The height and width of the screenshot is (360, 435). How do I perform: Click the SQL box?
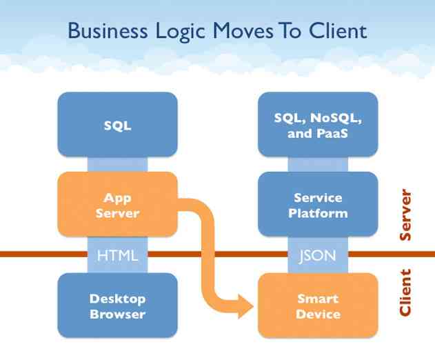117,125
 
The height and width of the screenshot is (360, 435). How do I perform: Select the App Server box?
117,206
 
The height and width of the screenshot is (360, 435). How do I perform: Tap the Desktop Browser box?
117,306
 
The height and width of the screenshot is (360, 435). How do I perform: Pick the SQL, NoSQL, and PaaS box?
318,125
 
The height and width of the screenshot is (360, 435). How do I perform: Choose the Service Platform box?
318,205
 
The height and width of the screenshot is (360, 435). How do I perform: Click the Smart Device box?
318,306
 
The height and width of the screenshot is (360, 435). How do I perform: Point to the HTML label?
117,255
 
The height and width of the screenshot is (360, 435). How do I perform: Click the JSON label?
318,255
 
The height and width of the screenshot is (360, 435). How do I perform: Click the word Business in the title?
107,31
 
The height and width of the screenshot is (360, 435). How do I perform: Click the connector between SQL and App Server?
117,164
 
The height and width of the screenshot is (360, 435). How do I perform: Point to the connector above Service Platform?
318,163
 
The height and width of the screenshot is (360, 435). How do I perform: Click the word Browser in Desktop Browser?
117,314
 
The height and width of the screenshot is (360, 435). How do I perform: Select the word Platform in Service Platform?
318,213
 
